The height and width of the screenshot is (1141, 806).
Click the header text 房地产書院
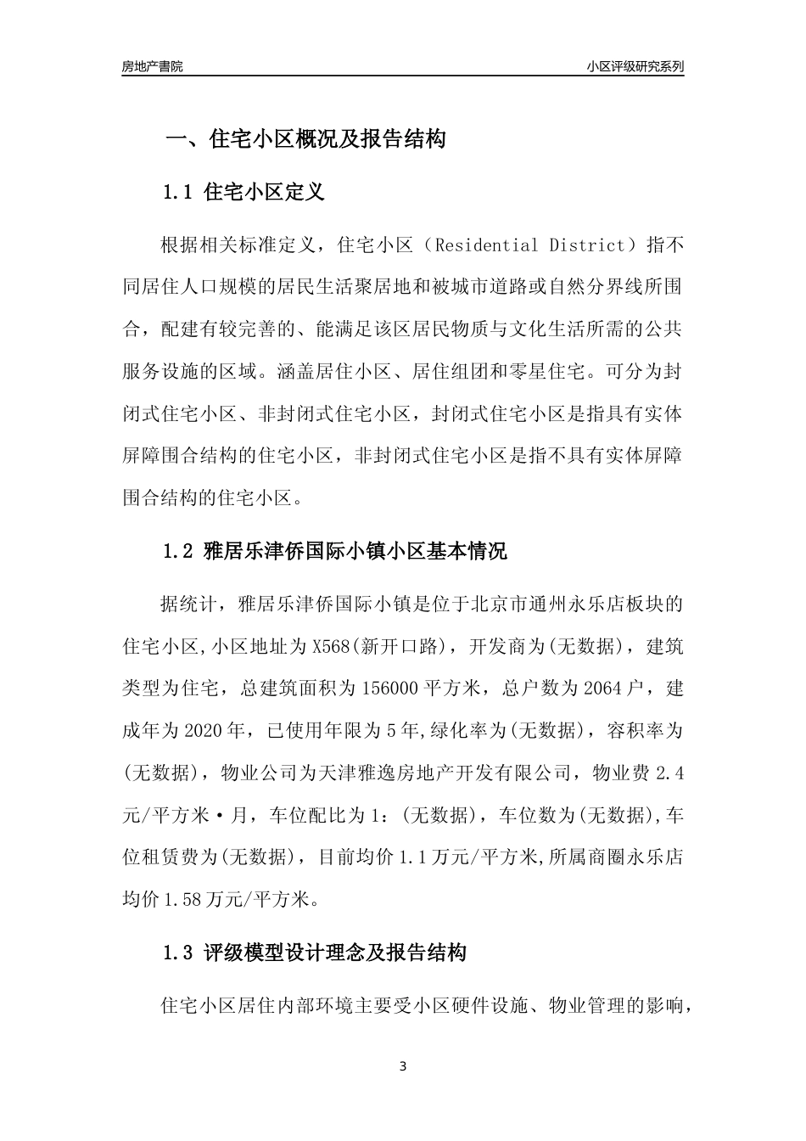coord(152,66)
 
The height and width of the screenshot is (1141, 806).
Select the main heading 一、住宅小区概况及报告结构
coord(305,139)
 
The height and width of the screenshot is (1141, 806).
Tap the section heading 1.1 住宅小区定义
coord(243,192)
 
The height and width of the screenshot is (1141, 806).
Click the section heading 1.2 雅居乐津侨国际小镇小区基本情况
coord(335,552)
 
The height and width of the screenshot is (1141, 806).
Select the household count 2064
coord(604,689)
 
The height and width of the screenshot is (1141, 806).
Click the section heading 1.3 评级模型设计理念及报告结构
coord(315,953)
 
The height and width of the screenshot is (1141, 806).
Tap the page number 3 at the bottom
coord(403,1066)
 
